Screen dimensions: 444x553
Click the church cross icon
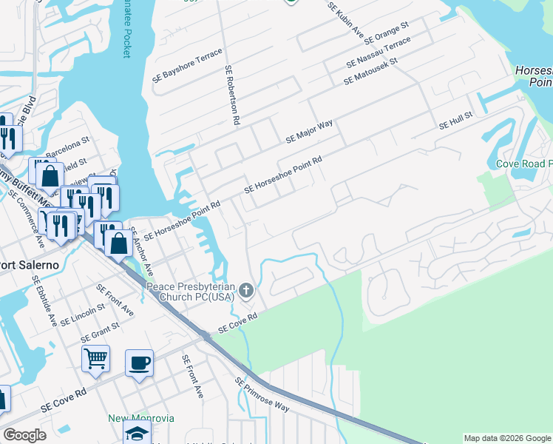coord(248,289)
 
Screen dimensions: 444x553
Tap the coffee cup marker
coord(139,363)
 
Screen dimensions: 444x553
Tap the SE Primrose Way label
coord(262,394)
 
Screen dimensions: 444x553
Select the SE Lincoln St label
coord(84,314)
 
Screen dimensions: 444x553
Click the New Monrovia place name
coord(138,418)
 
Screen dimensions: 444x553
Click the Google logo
coord(24,435)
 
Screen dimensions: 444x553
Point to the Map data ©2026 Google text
coord(506,438)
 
